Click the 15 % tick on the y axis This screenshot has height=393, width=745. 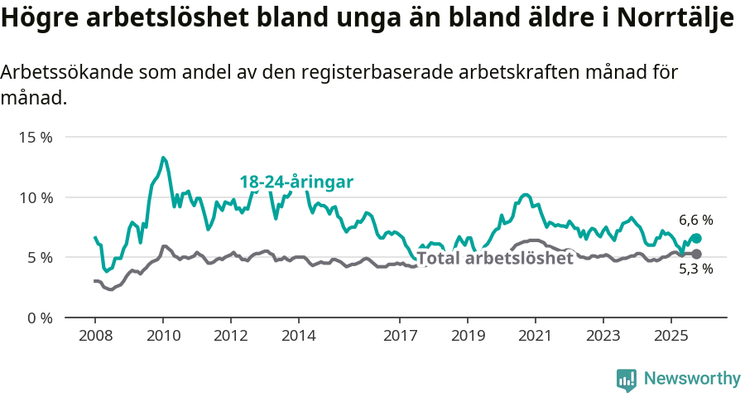click(35, 138)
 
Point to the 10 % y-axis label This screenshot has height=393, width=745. click(35, 197)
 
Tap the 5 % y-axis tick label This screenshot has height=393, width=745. click(38, 258)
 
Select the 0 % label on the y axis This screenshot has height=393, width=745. click(38, 318)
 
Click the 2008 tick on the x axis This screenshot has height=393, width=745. click(94, 337)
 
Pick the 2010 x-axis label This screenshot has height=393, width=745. click(162, 337)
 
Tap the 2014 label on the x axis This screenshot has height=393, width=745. click(298, 337)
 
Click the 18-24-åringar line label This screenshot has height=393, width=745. click(296, 182)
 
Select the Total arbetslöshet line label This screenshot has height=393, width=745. click(495, 258)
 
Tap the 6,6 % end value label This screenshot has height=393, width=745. click(695, 221)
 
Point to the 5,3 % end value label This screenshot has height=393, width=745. click(695, 269)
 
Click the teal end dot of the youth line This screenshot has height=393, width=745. click(696, 239)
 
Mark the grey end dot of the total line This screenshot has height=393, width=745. click(696, 254)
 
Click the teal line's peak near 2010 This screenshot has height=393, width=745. click(163, 158)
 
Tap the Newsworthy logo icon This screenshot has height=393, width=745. click(627, 379)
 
